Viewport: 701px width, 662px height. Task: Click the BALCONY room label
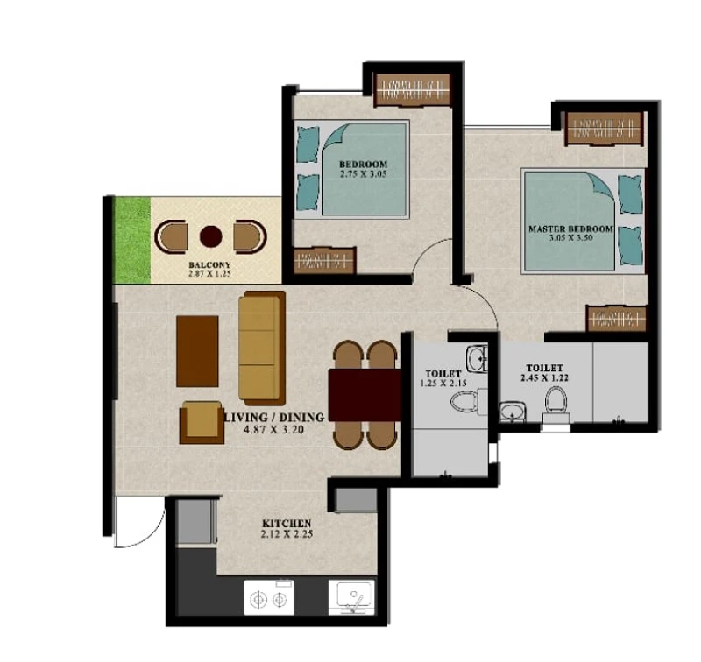(x=209, y=265)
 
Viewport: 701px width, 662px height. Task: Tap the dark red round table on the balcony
(x=211, y=236)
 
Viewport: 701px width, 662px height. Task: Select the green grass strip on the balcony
(x=133, y=240)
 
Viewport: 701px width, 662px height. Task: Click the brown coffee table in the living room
(x=197, y=351)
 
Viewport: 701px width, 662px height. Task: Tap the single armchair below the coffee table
(x=202, y=422)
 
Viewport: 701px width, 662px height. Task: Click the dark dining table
(x=365, y=395)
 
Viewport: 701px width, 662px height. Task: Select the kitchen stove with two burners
(x=269, y=598)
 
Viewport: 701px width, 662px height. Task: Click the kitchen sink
(x=351, y=597)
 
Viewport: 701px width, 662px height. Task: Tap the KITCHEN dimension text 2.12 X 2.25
(x=287, y=534)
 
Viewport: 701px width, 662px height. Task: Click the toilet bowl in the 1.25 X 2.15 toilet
(x=464, y=401)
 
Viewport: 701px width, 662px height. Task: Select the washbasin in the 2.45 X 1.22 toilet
(x=513, y=412)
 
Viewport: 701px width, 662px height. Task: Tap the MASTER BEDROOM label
(x=571, y=229)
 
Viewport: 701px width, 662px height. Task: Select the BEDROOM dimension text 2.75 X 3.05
(x=364, y=174)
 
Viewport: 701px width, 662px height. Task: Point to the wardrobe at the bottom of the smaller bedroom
(x=324, y=260)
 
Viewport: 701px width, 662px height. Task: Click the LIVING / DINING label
(x=274, y=417)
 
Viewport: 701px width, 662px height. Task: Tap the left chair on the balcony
(x=171, y=236)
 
